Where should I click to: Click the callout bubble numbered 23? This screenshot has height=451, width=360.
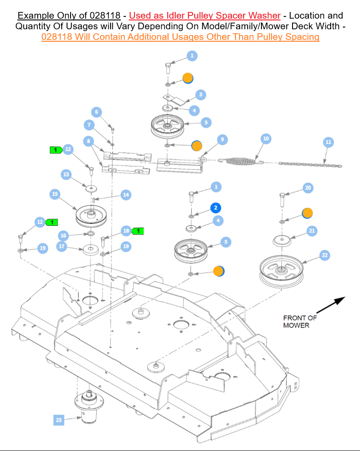59,420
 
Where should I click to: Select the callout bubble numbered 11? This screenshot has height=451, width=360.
328,142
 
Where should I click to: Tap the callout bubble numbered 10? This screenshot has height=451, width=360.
266,139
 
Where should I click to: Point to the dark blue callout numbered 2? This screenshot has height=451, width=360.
216,208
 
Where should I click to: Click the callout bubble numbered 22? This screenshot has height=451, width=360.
325,255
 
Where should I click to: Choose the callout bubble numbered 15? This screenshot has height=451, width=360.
55,194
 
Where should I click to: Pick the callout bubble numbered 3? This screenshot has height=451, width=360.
201,94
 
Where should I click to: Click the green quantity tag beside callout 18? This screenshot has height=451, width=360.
138,231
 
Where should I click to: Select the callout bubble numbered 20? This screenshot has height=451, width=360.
308,188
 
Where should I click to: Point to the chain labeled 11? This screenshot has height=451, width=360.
310,165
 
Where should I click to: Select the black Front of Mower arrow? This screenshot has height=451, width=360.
331,306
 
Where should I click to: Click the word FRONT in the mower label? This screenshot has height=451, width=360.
294,318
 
